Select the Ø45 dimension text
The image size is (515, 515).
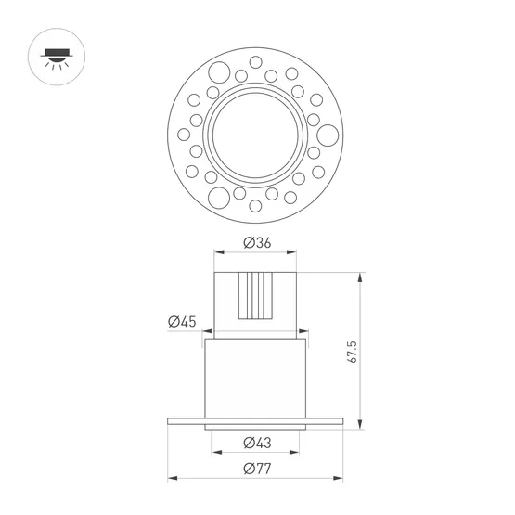182,322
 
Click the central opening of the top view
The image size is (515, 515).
255,131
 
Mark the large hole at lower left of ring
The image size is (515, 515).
221,196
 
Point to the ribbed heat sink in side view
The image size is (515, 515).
255,296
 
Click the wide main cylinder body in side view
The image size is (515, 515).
255,376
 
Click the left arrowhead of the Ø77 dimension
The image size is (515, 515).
171,480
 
